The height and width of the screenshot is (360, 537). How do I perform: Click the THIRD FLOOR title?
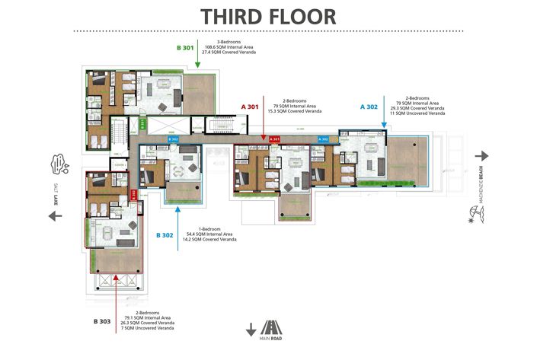click(x=268, y=16)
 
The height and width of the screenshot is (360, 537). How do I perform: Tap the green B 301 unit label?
click(x=185, y=47)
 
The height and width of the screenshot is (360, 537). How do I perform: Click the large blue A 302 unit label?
click(x=369, y=107)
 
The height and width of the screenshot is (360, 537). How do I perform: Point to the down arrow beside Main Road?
click(x=251, y=329)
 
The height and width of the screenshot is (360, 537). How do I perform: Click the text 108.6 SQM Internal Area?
click(x=229, y=46)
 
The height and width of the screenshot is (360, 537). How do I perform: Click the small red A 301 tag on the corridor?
click(x=276, y=139)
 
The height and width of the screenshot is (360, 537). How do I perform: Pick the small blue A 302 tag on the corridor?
click(x=323, y=139)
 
